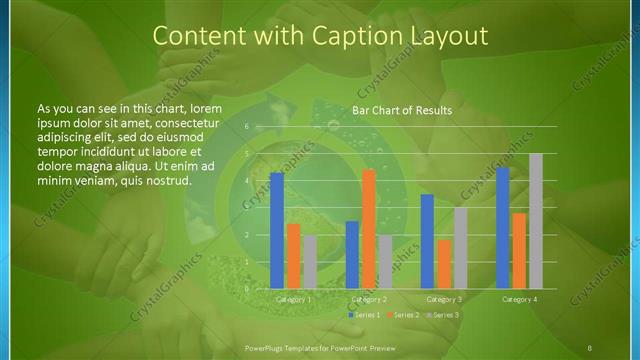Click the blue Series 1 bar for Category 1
tap(277, 231)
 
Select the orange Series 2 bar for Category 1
tap(293, 256)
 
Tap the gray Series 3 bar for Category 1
tap(309, 262)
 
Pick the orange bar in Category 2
tap(369, 229)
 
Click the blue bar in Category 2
tap(352, 255)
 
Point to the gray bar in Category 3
tap(460, 248)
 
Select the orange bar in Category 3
tap(444, 264)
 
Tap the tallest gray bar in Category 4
tap(536, 221)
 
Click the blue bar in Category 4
tap(503, 228)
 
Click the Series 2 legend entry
tap(403, 315)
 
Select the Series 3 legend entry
tap(443, 315)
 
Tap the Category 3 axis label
tap(444, 299)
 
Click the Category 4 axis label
tap(519, 299)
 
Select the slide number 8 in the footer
tap(591, 347)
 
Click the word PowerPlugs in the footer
tap(267, 347)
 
